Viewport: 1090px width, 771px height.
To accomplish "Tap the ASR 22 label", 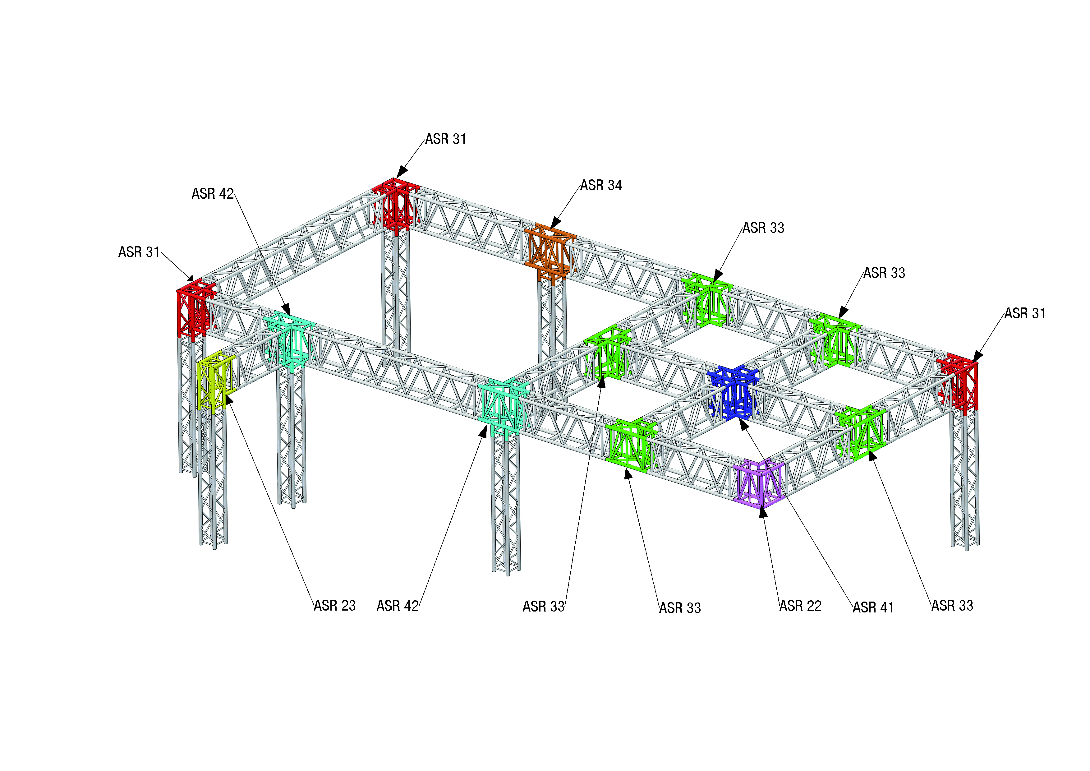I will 800,606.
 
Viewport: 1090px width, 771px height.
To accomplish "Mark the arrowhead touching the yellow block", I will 228,397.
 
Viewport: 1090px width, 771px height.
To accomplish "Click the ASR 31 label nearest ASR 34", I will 445,139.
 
